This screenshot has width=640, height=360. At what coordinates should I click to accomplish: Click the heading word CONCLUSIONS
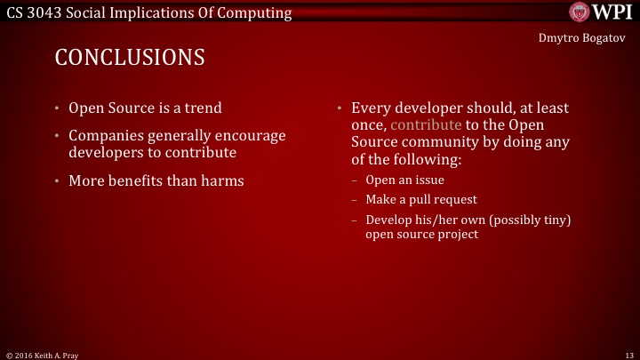(130, 58)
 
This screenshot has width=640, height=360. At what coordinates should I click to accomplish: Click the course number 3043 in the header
(49, 12)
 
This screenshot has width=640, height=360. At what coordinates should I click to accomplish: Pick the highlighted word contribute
(426, 125)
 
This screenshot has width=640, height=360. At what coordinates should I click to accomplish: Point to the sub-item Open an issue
(404, 180)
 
